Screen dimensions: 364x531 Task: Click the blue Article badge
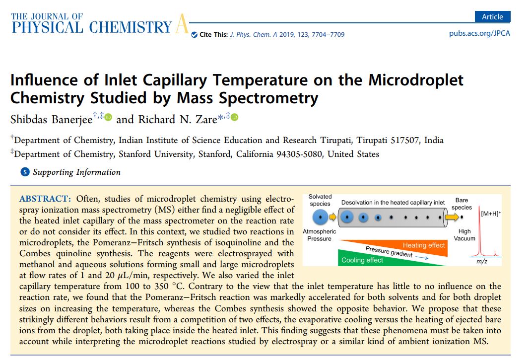(492, 16)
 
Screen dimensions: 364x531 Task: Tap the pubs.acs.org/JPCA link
(479, 33)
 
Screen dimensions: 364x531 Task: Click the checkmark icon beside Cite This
(194, 34)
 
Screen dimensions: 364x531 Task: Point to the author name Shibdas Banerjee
(51, 119)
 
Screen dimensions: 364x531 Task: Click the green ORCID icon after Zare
(235, 117)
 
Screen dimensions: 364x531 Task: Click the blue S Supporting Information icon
(25, 172)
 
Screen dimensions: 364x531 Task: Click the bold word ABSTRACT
(44, 199)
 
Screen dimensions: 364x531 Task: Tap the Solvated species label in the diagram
(320, 200)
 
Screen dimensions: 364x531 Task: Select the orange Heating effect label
(423, 245)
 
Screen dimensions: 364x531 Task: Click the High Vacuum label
(465, 235)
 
